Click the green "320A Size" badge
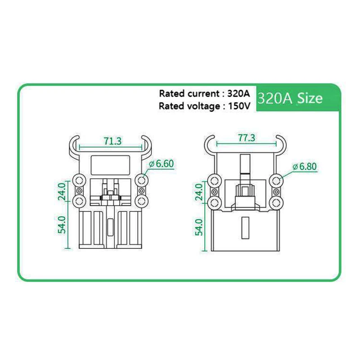pyautogui.click(x=290, y=98)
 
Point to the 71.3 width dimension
pyautogui.click(x=112, y=141)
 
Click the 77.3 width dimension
pyautogui.click(x=247, y=138)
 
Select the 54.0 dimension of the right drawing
pyautogui.click(x=198, y=227)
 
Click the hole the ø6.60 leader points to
pyautogui.click(x=142, y=180)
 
